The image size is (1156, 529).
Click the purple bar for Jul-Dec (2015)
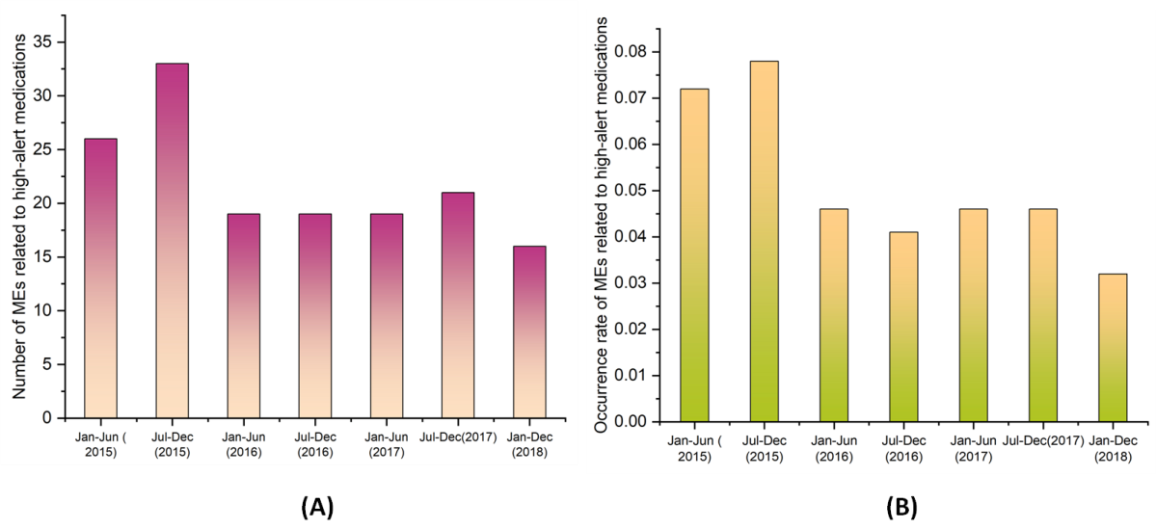point(171,241)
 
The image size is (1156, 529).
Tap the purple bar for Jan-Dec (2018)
point(528,331)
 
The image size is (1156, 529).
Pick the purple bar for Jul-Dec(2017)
point(457,305)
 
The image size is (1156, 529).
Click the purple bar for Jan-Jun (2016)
point(242,316)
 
